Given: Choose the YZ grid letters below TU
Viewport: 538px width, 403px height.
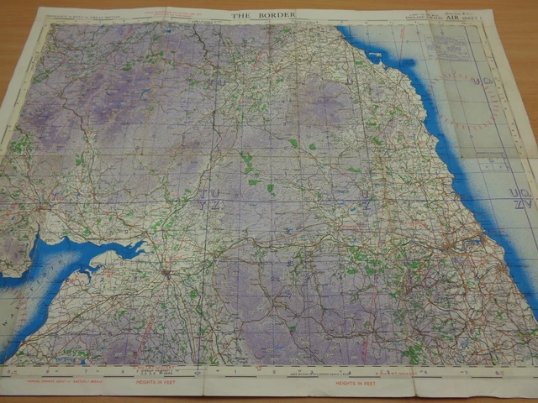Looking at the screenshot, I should click(207, 206).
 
